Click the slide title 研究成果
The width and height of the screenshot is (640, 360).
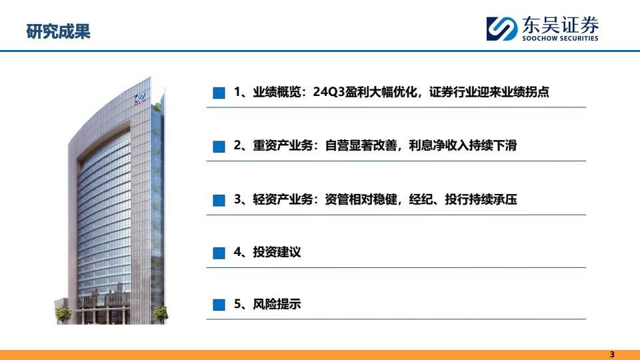[x=58, y=31]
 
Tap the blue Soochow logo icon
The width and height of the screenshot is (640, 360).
[x=501, y=29]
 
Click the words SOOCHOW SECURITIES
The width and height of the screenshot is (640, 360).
[x=560, y=39]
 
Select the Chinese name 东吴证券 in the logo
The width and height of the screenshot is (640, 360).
[x=560, y=25]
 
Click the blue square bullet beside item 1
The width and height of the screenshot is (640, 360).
[x=219, y=93]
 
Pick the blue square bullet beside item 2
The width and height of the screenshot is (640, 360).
[x=219, y=147]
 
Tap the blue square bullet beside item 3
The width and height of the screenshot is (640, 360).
[x=219, y=201]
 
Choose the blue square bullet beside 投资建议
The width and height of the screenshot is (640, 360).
[x=219, y=253]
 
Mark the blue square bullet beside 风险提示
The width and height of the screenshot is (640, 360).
[x=219, y=305]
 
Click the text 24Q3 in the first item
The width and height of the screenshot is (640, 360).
[x=329, y=92]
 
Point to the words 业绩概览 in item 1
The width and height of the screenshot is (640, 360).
[x=277, y=92]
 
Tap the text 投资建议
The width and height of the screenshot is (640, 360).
[x=277, y=252]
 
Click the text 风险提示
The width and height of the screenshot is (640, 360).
[x=277, y=304]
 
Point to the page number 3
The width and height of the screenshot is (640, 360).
[x=612, y=354]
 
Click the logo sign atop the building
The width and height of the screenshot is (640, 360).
[x=141, y=99]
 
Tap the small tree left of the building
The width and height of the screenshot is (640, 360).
[x=63, y=314]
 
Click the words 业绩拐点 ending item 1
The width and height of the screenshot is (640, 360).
[x=525, y=92]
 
